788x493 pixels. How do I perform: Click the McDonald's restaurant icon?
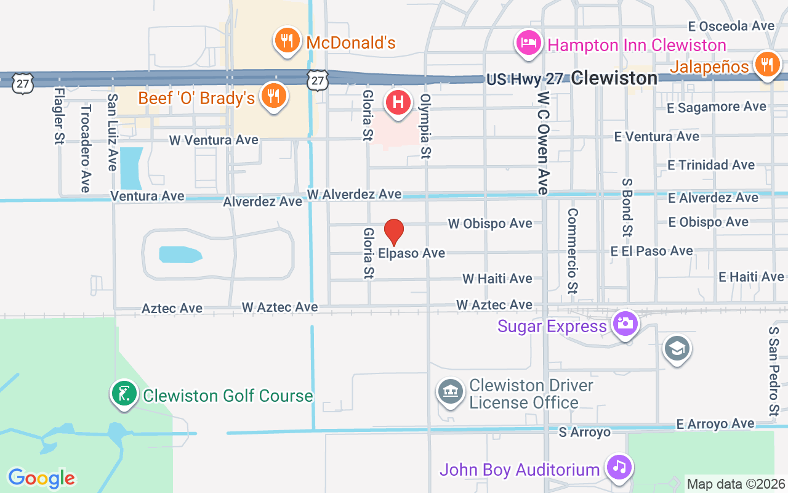coord(286,41)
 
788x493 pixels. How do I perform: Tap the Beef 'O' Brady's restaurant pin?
coord(273,96)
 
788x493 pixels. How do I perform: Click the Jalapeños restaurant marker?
coord(766,64)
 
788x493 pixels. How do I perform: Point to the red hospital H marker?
coord(398,102)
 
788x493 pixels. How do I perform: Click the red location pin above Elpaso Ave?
coord(394,232)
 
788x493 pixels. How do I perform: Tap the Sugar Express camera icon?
coord(625,324)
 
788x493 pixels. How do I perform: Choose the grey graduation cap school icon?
coord(677,349)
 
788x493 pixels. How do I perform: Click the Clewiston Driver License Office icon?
coord(451,392)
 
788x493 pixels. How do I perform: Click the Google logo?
coord(41,478)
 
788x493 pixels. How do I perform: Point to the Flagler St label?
coord(60,116)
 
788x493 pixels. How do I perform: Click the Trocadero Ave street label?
coord(86,148)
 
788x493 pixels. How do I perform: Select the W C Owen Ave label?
coord(542,143)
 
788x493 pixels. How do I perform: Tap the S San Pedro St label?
coord(774,371)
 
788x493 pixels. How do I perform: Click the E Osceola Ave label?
coord(731,26)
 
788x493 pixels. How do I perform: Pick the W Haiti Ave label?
coord(497,279)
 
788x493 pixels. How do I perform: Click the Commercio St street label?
coord(573,250)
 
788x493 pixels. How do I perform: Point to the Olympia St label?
coord(425,126)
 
